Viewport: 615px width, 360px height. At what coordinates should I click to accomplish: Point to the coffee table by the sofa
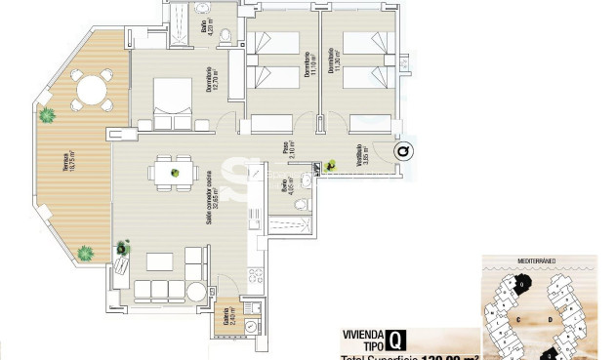tap(163, 260)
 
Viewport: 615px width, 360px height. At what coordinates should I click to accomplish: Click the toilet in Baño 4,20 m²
tap(225, 37)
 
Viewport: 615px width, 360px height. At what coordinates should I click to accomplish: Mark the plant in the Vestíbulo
tap(332, 167)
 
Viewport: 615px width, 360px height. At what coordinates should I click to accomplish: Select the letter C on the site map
tap(520, 317)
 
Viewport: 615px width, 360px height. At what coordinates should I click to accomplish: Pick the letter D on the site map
tap(552, 317)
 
